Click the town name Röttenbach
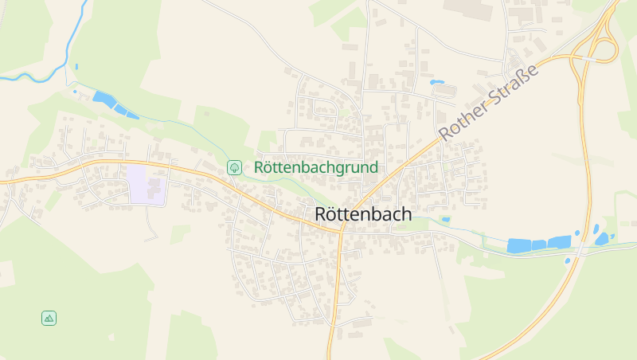(363, 214)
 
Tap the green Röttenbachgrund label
(315, 168)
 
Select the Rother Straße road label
(488, 102)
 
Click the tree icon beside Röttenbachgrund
(234, 167)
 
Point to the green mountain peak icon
(49, 318)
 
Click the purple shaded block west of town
(146, 184)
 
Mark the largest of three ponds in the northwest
(103, 98)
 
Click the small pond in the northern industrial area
(436, 82)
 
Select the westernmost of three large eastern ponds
(519, 246)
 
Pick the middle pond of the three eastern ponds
(539, 245)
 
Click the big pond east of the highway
(601, 239)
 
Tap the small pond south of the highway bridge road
(568, 260)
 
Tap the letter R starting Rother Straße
(447, 132)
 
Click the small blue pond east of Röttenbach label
(445, 219)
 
